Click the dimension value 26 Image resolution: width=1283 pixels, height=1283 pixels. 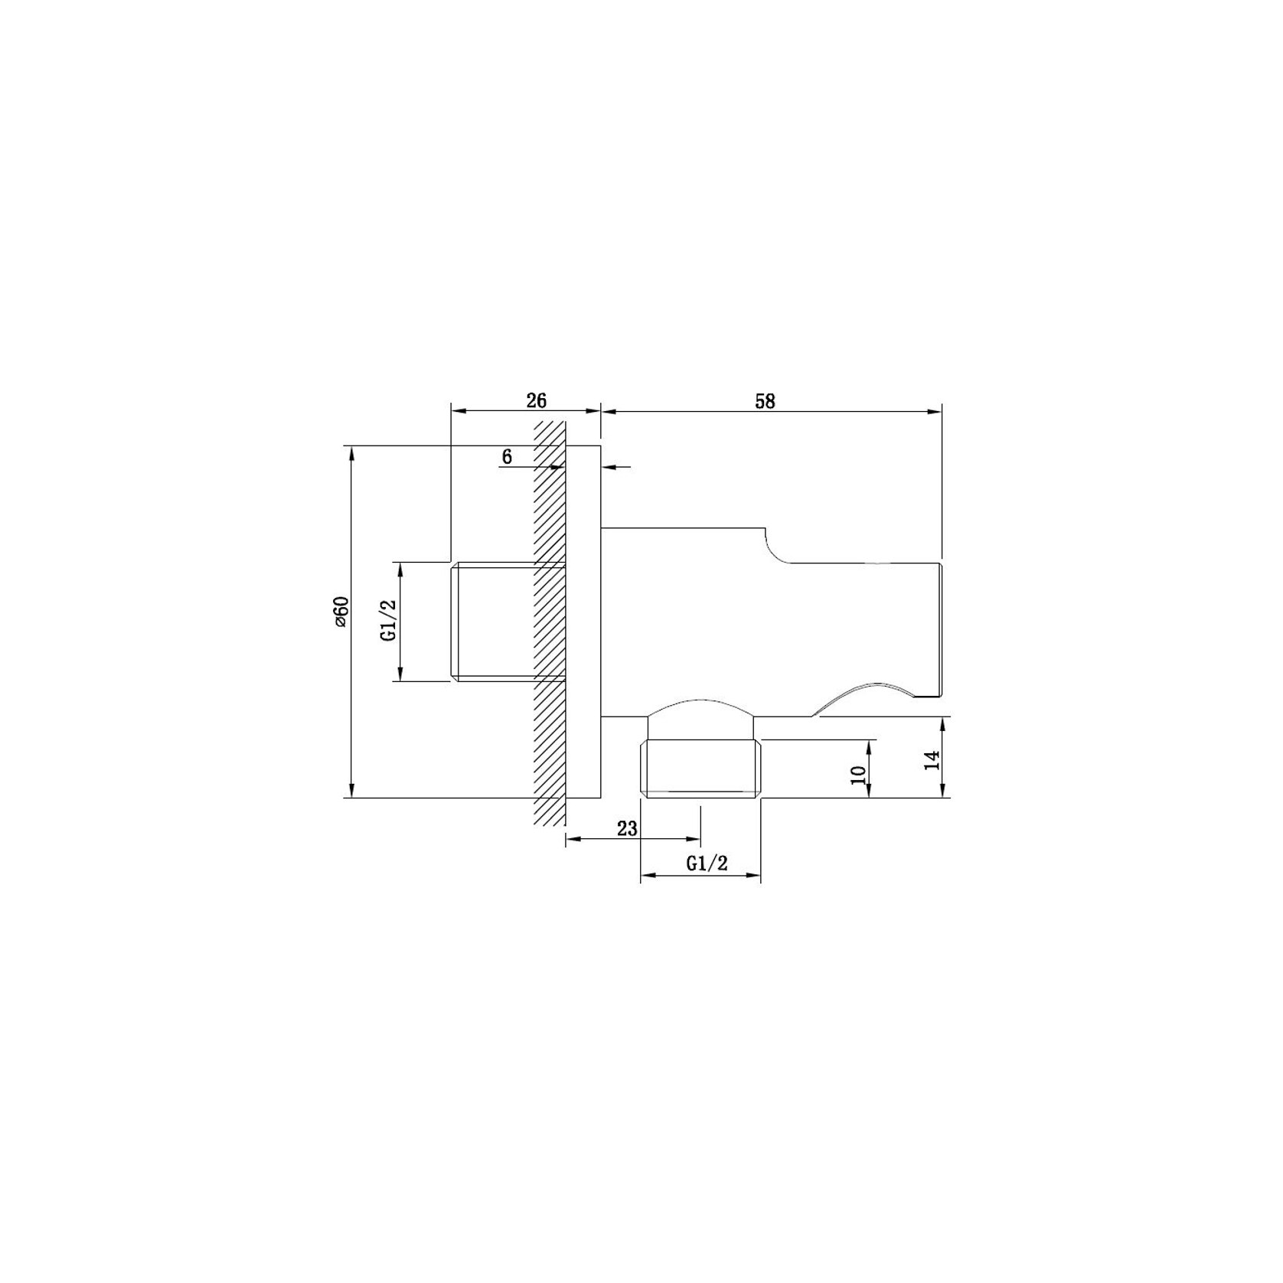pyautogui.click(x=536, y=400)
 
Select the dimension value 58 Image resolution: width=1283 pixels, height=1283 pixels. pyautogui.click(x=765, y=400)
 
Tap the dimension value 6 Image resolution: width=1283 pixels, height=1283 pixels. pyautogui.click(x=506, y=456)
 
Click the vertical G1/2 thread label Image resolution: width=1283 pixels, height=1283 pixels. pyautogui.click(x=389, y=621)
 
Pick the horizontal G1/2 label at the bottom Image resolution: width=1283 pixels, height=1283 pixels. pyautogui.click(x=707, y=863)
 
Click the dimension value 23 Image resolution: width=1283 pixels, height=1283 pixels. pyautogui.click(x=627, y=828)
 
